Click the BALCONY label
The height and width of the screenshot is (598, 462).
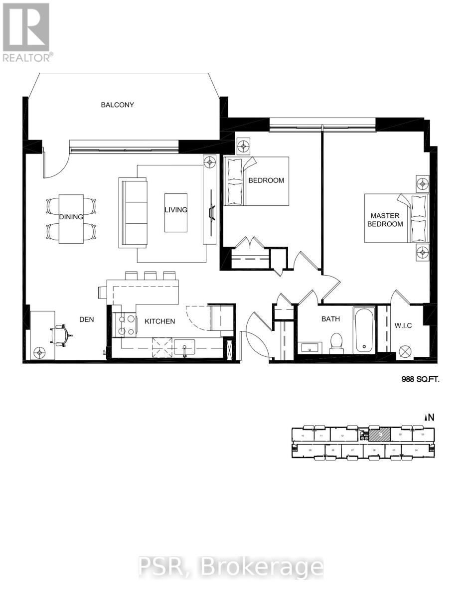[x=117, y=105]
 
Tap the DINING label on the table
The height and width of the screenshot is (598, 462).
[x=71, y=217]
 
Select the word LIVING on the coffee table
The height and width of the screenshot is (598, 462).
[x=176, y=210]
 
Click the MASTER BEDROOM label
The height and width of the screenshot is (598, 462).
[x=385, y=220]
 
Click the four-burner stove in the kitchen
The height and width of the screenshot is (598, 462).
[x=125, y=325]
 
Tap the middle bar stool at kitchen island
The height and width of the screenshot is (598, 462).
[x=150, y=275]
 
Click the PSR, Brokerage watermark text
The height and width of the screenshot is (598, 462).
[x=230, y=567]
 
